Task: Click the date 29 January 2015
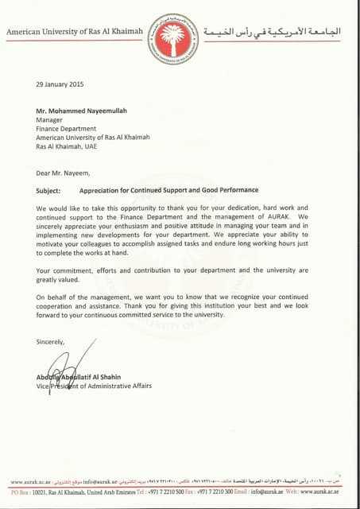pyautogui.click(x=60, y=84)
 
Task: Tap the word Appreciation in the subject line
pyautogui.click(x=99, y=191)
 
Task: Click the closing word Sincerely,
pyautogui.click(x=52, y=341)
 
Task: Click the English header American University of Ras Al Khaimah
pyautogui.click(x=75, y=31)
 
